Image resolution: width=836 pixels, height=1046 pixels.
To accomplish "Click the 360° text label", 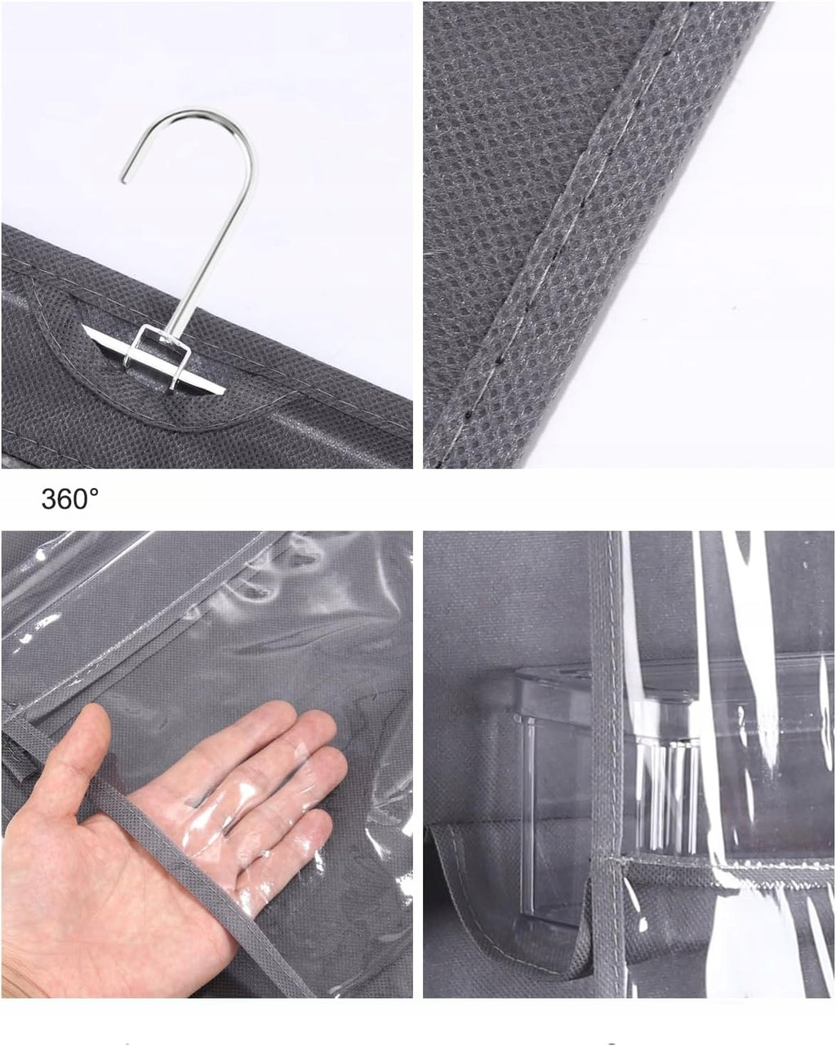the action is [69, 499].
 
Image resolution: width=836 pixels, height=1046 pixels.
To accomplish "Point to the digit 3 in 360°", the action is [49, 499].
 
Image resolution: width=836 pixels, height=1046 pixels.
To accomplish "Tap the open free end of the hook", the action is [123, 180].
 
